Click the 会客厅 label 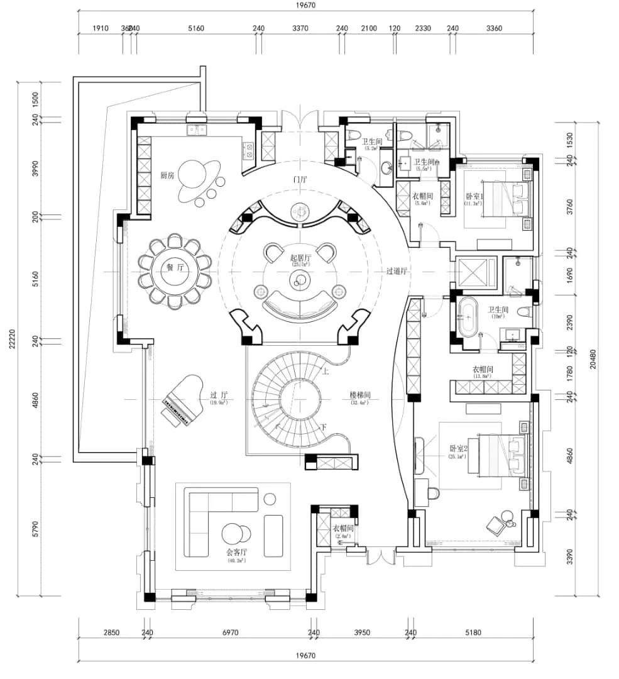[x=236, y=552]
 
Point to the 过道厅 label [x=397, y=270]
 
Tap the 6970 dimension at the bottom [x=231, y=632]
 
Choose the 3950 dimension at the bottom [x=362, y=632]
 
